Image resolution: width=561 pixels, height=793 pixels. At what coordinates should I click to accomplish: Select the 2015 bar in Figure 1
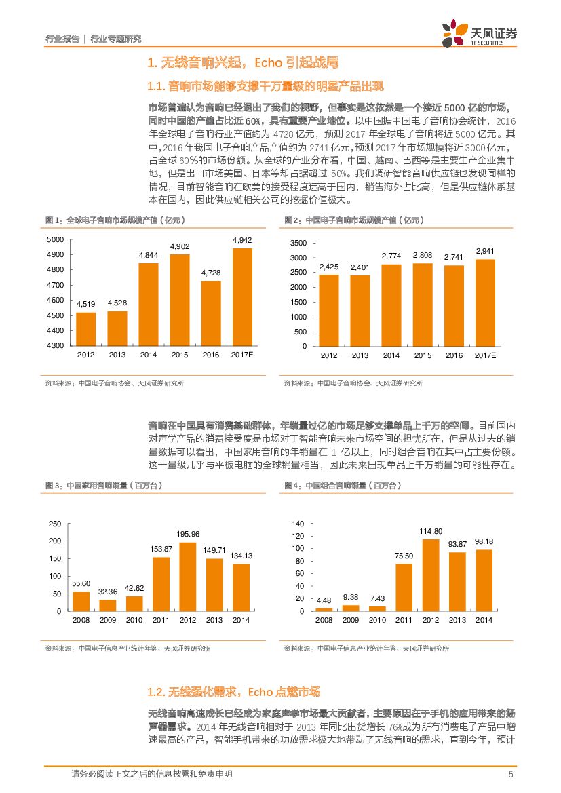click(x=180, y=299)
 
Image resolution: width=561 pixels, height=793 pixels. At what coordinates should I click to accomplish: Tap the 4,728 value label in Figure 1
click(x=211, y=273)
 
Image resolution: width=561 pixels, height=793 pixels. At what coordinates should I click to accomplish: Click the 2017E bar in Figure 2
click(x=484, y=303)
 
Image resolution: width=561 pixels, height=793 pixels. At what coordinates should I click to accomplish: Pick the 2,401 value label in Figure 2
click(x=360, y=267)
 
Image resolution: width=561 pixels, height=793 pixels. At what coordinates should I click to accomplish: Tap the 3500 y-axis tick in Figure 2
click(x=298, y=243)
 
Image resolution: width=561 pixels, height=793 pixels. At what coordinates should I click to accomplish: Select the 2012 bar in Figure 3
click(x=187, y=577)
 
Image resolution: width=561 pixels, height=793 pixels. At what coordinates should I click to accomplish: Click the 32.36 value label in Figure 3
click(x=108, y=592)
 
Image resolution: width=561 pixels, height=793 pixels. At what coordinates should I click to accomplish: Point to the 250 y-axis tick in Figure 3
click(x=55, y=524)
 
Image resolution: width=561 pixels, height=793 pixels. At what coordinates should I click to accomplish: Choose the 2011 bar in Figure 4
click(x=404, y=587)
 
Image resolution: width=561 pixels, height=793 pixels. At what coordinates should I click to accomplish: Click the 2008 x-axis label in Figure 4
click(x=324, y=620)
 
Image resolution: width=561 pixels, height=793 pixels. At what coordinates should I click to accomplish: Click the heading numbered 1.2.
click(x=233, y=692)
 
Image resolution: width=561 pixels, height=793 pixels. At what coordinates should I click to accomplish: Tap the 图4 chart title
click(x=342, y=485)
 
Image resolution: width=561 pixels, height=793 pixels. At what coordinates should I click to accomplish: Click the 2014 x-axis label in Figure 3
click(x=241, y=620)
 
